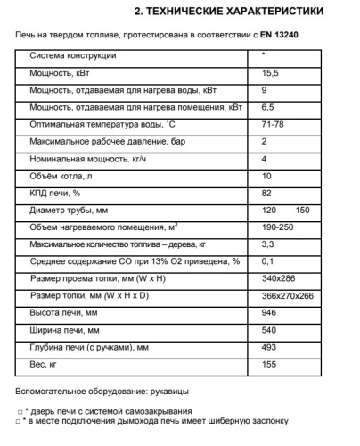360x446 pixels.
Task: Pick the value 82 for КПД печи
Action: point(266,193)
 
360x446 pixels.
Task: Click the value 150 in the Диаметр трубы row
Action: point(301,211)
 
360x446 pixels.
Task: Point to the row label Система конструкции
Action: point(73,56)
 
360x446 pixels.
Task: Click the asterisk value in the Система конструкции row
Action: point(263,55)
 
